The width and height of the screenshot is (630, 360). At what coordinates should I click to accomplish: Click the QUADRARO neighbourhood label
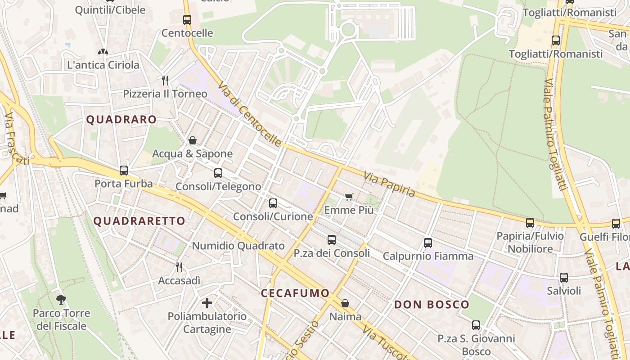pos(121,120)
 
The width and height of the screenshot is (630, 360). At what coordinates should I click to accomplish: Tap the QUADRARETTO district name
pos(139,221)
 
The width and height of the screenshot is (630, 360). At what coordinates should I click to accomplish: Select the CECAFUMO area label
pos(295,293)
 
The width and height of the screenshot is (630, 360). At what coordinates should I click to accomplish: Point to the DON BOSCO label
pos(432,305)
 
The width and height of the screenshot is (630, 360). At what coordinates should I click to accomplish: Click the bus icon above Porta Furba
pos(124,171)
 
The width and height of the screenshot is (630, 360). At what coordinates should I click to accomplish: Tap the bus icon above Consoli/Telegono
pos(218,173)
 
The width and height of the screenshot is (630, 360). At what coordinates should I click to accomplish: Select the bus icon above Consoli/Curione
pos(273,203)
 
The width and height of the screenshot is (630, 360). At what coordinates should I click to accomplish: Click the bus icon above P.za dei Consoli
pos(332,240)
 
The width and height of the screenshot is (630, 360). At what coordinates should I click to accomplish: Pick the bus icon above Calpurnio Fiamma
pos(428,243)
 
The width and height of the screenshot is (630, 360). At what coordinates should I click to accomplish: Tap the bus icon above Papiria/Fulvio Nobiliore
pos(530,223)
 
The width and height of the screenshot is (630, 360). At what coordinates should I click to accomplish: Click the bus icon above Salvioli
pos(564,278)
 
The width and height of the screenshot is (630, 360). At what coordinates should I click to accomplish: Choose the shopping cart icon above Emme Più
pos(349,197)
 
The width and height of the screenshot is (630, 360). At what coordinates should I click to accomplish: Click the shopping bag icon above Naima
pos(345,303)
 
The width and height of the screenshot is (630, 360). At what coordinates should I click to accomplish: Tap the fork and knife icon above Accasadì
pos(179,267)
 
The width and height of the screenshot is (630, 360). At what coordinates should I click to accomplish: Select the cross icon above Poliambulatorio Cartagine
pos(207,303)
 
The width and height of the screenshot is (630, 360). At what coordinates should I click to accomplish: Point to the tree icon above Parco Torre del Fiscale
pos(61,300)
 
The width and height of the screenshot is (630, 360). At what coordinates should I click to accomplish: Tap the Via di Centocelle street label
pos(250,115)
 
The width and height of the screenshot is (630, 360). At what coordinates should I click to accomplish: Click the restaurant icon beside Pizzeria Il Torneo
pos(165,81)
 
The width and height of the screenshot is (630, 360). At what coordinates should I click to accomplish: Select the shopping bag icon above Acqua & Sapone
pos(193,140)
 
